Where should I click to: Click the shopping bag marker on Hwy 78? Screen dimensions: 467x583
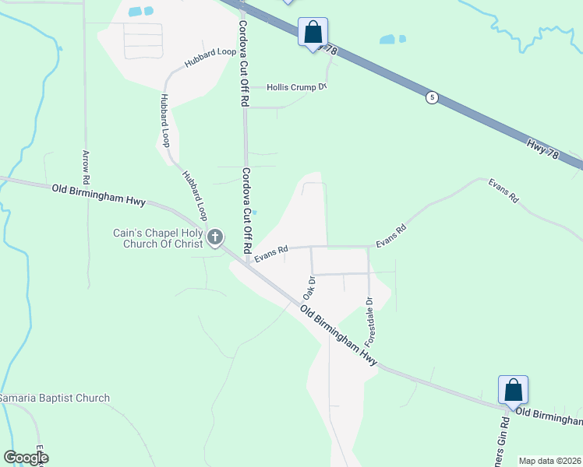pos(313,33)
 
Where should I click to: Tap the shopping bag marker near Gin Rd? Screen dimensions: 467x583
pos(514,391)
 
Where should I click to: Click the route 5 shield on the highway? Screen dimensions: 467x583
pos(432,97)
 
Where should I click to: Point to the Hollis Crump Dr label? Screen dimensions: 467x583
pos(296,87)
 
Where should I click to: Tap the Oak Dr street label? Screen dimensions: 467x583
pos(309,290)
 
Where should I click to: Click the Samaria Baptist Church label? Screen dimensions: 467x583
pos(54,399)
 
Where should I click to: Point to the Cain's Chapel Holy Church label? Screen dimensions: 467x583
pos(158,238)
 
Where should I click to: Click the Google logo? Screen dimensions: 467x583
pos(26,458)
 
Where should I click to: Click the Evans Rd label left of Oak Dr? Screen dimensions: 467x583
pos(271,253)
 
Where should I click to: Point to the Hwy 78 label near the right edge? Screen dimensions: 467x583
pos(542,149)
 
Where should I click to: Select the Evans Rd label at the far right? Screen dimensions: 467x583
pos(503,191)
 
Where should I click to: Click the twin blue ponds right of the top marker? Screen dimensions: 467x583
pos(391,39)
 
